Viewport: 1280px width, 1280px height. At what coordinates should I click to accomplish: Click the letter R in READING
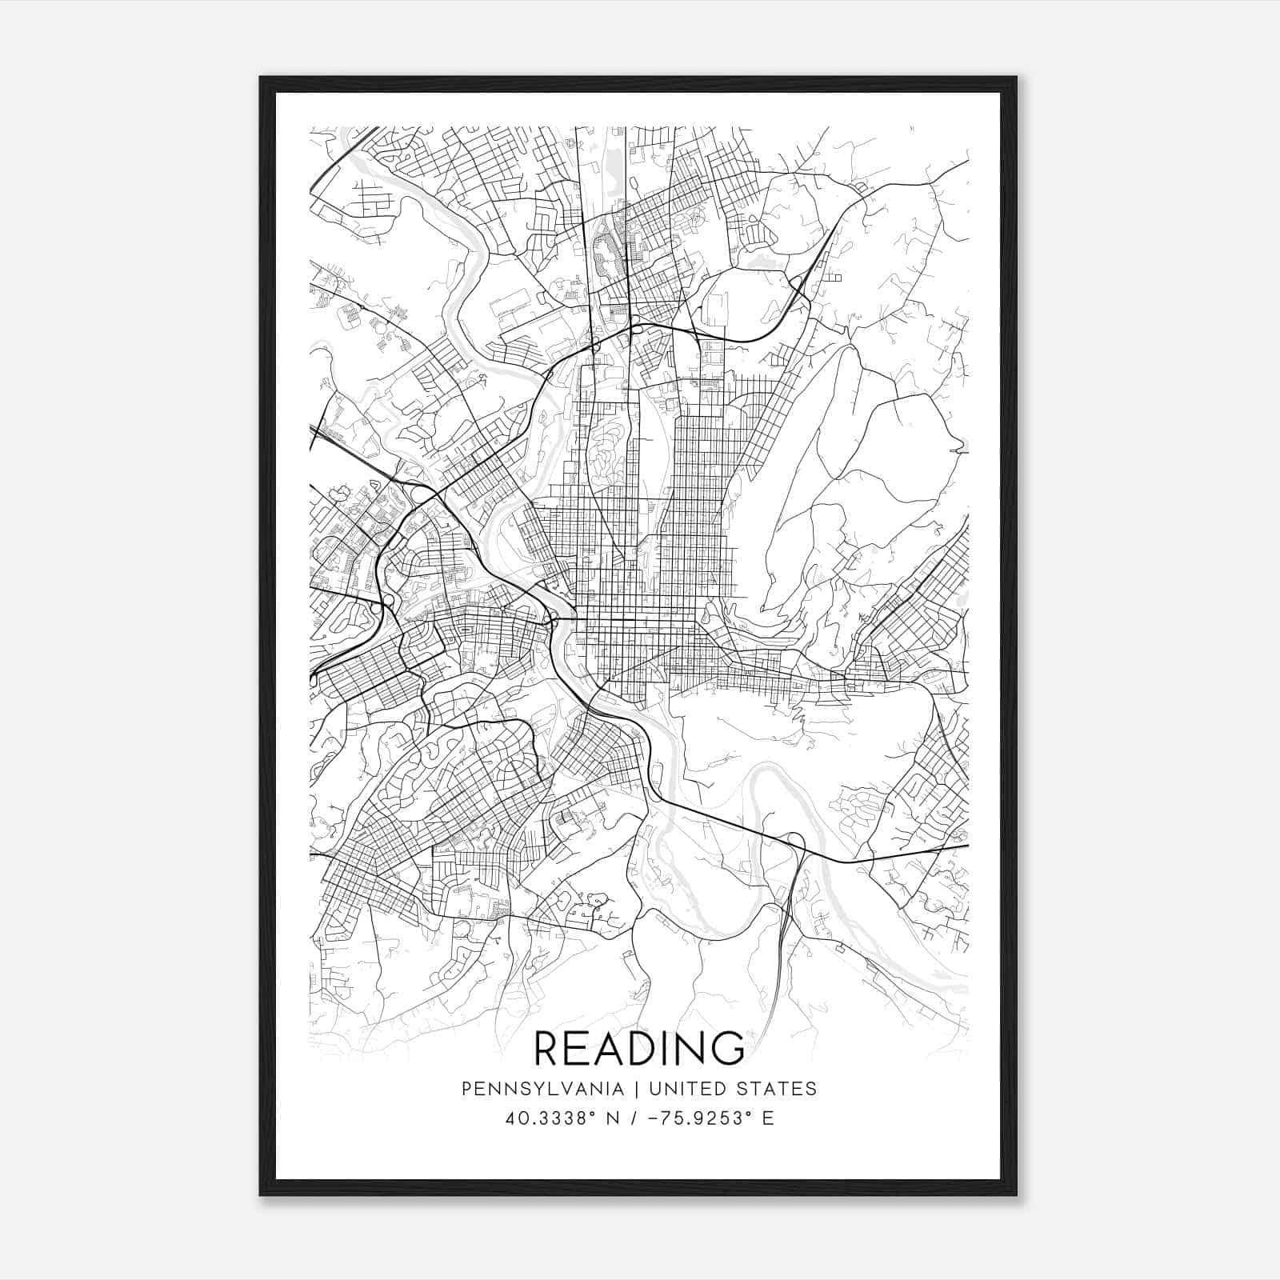pyautogui.click(x=550, y=1048)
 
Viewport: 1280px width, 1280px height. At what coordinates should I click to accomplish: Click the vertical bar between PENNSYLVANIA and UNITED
pyautogui.click(x=638, y=1089)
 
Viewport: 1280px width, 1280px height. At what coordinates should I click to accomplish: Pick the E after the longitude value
pyautogui.click(x=768, y=1118)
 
